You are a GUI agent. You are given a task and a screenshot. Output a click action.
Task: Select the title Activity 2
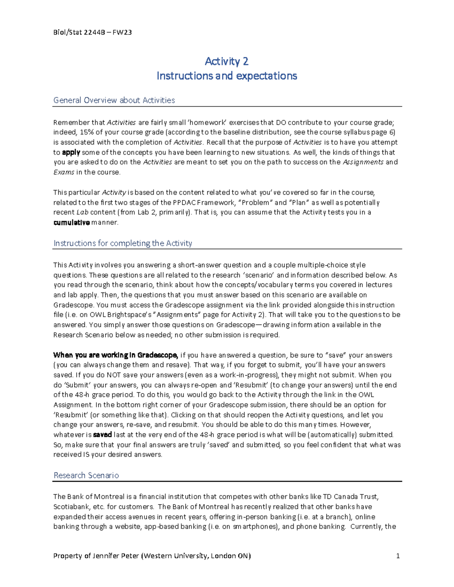tap(227, 61)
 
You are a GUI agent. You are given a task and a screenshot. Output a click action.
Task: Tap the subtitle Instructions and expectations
tap(227, 76)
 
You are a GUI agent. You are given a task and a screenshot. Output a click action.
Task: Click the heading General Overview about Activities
tap(114, 100)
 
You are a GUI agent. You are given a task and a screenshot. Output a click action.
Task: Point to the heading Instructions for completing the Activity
tap(123, 243)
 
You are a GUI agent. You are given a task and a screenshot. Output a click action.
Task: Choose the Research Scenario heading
tap(86, 475)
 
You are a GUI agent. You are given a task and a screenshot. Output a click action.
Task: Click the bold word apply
tap(71, 152)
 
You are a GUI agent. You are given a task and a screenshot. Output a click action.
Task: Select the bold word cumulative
tap(72, 222)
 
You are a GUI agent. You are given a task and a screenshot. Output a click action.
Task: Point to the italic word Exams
tap(64, 172)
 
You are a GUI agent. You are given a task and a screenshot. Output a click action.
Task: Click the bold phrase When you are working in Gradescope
tap(115, 355)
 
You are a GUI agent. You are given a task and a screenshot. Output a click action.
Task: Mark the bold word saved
tap(103, 435)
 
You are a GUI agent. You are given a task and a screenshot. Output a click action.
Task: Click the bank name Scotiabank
tap(71, 506)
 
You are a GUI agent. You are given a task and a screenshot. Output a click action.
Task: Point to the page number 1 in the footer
tap(398, 556)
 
